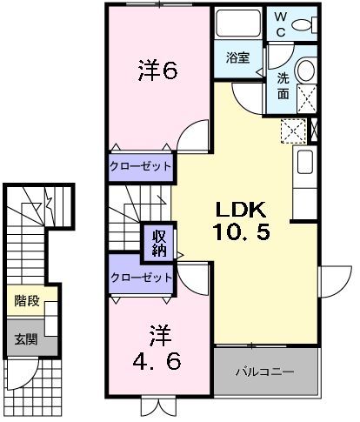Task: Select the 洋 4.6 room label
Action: tap(157, 349)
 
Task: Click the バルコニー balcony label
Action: tap(264, 372)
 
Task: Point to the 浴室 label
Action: tap(238, 60)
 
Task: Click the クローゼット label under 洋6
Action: tap(139, 166)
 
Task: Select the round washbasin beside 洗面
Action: tap(306, 70)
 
